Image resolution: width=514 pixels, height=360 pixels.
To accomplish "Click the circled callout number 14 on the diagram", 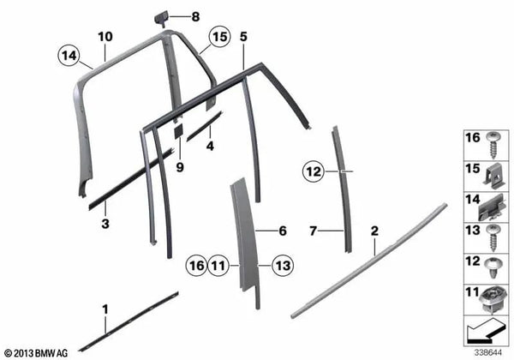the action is pos(69,57).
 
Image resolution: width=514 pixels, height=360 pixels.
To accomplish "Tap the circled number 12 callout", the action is pos(314,171).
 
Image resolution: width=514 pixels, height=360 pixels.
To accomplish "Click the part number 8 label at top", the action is pos(194,16).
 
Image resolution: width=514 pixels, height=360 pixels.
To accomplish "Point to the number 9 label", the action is pos(180,167).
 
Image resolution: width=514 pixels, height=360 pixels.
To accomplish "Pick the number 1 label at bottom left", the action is pos(105,307).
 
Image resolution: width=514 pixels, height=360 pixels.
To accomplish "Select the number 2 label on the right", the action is pos(374,231).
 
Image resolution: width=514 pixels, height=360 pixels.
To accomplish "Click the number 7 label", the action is pos(313,231).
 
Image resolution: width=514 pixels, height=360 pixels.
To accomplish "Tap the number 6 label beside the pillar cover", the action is pos(283,231).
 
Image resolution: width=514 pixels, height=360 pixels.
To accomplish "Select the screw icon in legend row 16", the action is pos(493,144).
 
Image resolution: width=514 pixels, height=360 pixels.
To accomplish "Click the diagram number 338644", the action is pos(488,351).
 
